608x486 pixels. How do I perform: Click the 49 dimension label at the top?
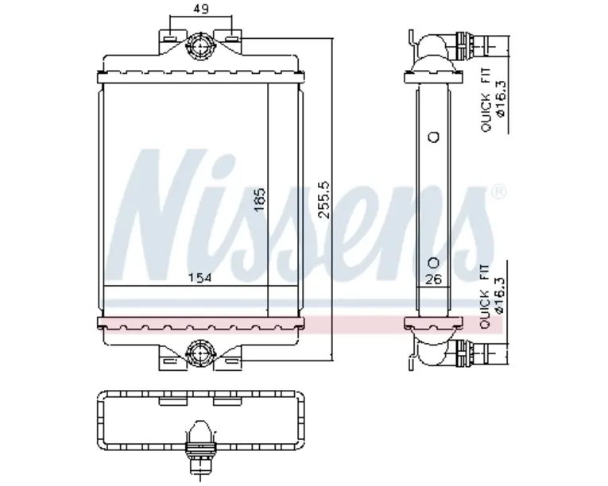[x=200, y=9]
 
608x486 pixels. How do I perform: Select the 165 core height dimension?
[x=259, y=199]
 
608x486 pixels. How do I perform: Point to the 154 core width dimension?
[x=199, y=277]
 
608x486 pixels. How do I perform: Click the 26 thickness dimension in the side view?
[x=433, y=279]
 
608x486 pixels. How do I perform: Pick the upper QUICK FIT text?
[x=486, y=100]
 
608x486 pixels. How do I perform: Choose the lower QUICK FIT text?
[x=485, y=297]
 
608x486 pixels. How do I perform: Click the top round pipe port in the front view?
[x=200, y=46]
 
